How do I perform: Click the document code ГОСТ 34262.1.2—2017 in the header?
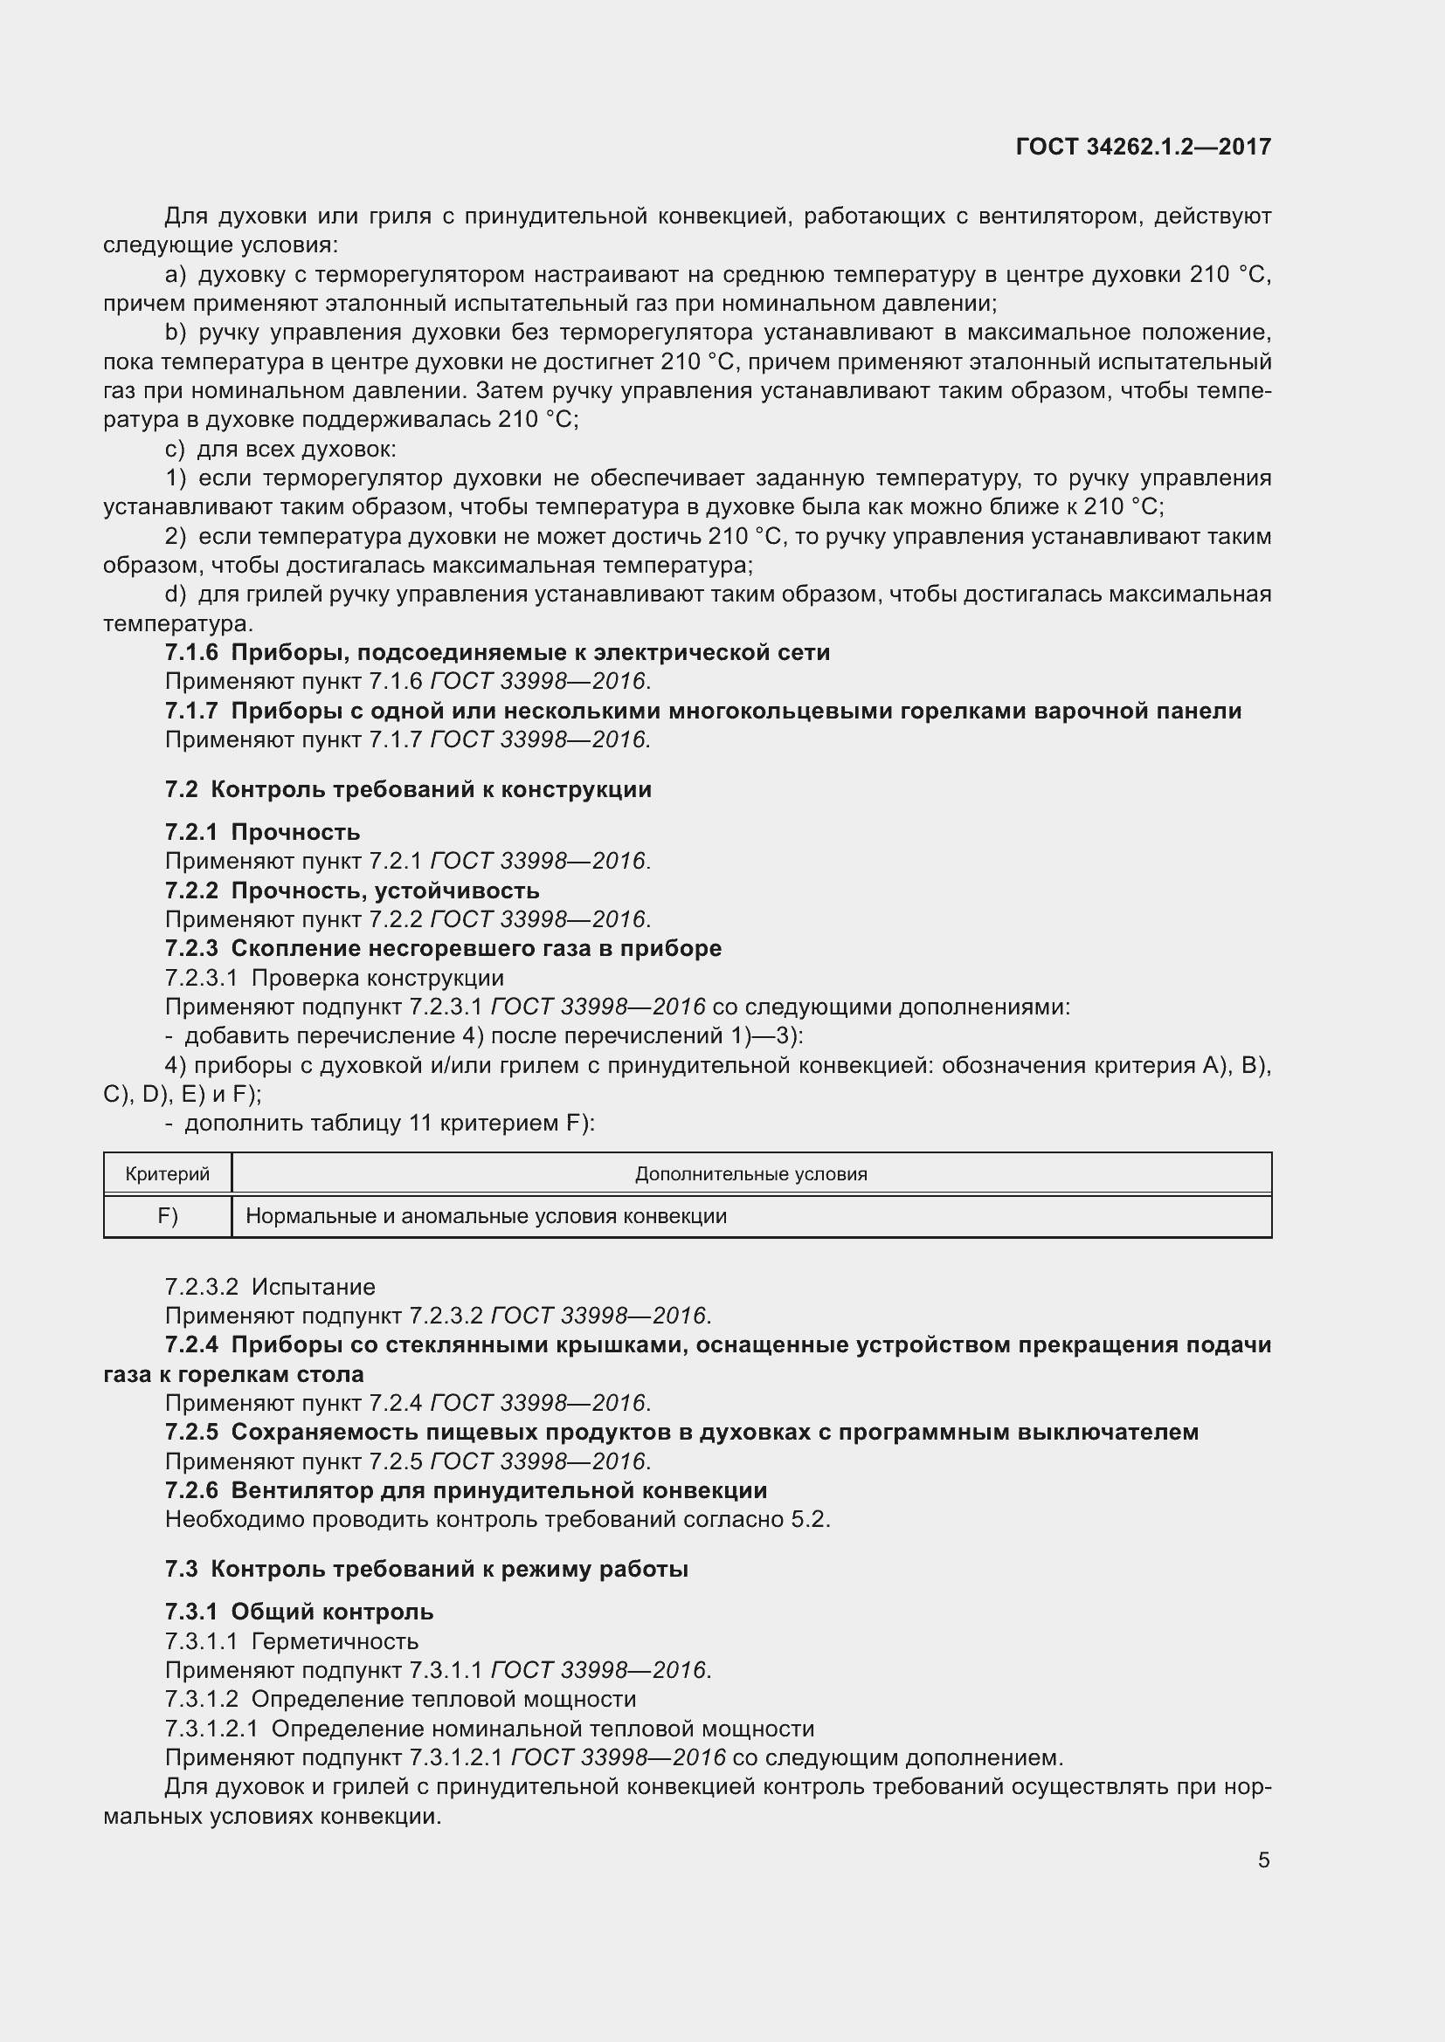click(x=1143, y=147)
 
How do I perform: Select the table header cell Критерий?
click(x=167, y=1174)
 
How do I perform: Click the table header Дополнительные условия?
click(x=750, y=1174)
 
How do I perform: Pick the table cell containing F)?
click(x=167, y=1216)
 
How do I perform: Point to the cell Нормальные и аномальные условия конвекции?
click(x=486, y=1216)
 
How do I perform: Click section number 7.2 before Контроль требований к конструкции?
click(x=181, y=790)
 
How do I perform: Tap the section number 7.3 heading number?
click(x=181, y=1569)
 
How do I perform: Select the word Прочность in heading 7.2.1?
click(x=295, y=833)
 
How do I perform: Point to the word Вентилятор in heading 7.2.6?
click(x=294, y=1490)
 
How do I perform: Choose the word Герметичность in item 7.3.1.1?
click(x=335, y=1641)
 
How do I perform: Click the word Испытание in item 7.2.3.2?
click(x=314, y=1287)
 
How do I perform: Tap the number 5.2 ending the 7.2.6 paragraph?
click(x=808, y=1519)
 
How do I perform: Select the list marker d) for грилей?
click(x=176, y=595)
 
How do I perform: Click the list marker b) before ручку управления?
click(x=176, y=333)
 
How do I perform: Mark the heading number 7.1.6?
click(x=191, y=653)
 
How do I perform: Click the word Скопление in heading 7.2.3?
click(x=287, y=948)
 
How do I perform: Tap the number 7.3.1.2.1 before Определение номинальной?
click(x=211, y=1728)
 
